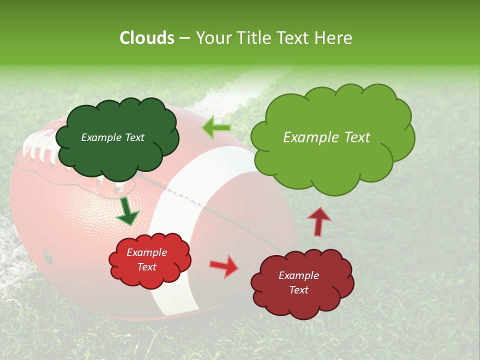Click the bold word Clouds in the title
click(146, 38)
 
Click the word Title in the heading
click(254, 38)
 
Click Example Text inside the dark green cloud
click(112, 137)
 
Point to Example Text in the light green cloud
click(326, 137)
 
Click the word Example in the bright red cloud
click(146, 252)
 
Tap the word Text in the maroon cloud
click(298, 290)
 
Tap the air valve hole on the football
click(48, 256)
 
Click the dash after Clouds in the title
click(184, 38)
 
